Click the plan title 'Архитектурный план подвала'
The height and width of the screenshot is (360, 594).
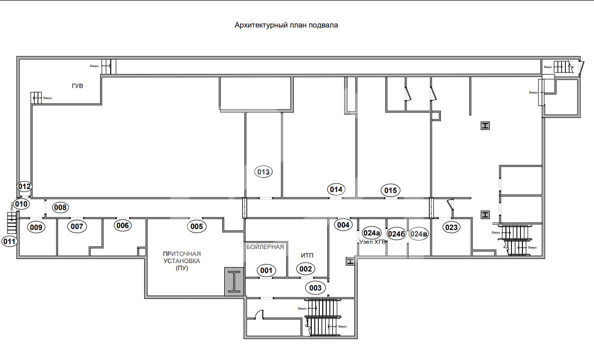pyautogui.click(x=286, y=25)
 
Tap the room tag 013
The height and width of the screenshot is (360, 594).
pyautogui.click(x=263, y=172)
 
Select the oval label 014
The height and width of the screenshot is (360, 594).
pyautogui.click(x=336, y=189)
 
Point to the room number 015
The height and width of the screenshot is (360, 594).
pyautogui.click(x=390, y=190)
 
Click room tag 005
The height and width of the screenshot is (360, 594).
pyautogui.click(x=197, y=226)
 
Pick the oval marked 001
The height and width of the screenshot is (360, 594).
pyautogui.click(x=266, y=270)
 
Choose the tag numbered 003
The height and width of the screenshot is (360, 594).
pyautogui.click(x=315, y=287)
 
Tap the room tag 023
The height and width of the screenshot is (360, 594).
pyautogui.click(x=451, y=227)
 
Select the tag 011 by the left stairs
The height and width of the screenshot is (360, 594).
pyautogui.click(x=10, y=241)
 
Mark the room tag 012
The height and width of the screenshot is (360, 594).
pyautogui.click(x=25, y=186)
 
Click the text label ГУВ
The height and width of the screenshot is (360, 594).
pyautogui.click(x=77, y=86)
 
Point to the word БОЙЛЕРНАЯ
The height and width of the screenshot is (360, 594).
pyautogui.click(x=265, y=246)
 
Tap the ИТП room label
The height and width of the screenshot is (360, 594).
pyautogui.click(x=307, y=255)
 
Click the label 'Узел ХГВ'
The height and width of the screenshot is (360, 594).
pyautogui.click(x=372, y=242)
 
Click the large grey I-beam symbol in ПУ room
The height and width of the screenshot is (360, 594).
pyautogui.click(x=233, y=280)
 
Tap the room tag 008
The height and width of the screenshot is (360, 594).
pyautogui.click(x=61, y=207)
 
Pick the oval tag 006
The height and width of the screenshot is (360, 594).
pyautogui.click(x=123, y=225)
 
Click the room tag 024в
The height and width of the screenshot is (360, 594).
pyautogui.click(x=419, y=233)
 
